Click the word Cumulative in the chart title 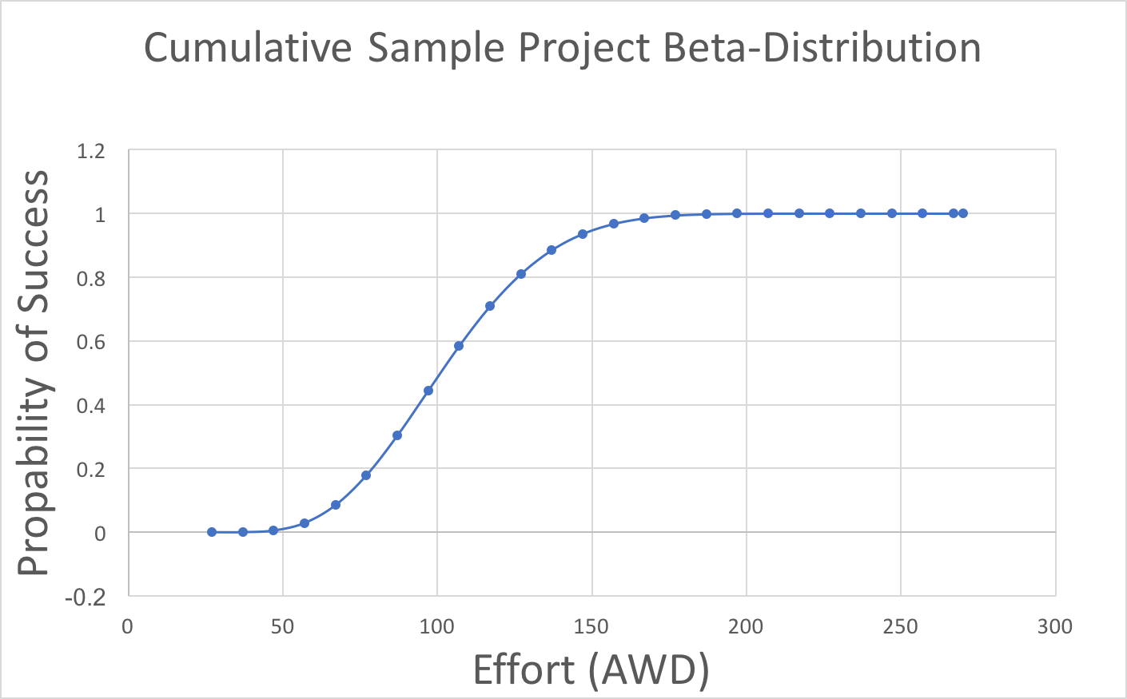click(248, 48)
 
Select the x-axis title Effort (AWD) click(591, 669)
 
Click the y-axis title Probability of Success click(34, 372)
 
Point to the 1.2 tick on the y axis click(91, 151)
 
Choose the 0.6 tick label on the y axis click(91, 342)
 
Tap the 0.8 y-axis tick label click(91, 278)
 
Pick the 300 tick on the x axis click(1055, 627)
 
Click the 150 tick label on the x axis click(591, 627)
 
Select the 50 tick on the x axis click(282, 627)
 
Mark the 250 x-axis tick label click(901, 627)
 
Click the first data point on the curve click(212, 532)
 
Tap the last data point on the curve click(963, 213)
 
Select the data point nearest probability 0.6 click(459, 346)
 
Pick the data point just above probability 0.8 click(521, 274)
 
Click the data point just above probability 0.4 click(428, 391)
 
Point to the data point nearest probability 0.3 click(397, 435)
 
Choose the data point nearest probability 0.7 click(490, 306)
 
